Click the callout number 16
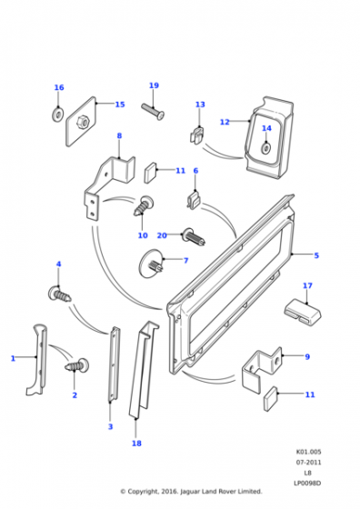[x=59, y=87]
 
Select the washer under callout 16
[x=58, y=115]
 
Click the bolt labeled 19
[x=153, y=111]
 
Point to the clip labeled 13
[x=196, y=135]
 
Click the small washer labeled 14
[x=266, y=148]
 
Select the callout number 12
[x=225, y=122]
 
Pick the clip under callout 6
[x=195, y=200]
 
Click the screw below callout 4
[x=59, y=294]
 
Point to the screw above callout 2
[x=77, y=365]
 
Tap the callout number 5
[x=316, y=255]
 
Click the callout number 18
[x=136, y=444]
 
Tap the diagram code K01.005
[x=308, y=452]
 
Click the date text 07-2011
[x=308, y=463]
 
